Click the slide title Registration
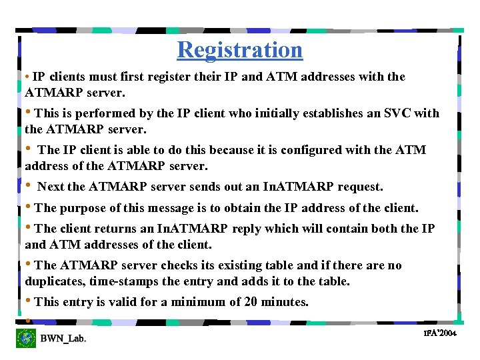[240, 50]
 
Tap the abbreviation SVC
[399, 113]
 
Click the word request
[360, 187]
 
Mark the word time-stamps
[123, 281]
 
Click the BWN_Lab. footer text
[63, 339]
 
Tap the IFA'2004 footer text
[439, 333]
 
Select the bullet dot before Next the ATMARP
[29, 185]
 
